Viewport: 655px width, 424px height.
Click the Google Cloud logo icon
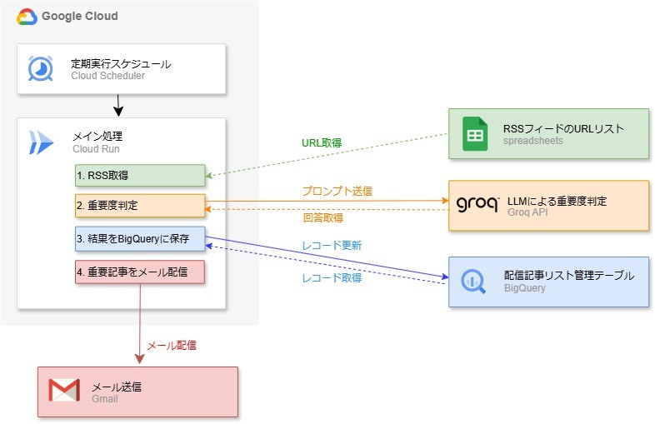click(27, 17)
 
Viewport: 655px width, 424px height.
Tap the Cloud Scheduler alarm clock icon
click(41, 68)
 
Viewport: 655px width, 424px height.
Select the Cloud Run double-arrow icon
click(41, 142)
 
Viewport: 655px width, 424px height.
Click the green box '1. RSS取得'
click(140, 176)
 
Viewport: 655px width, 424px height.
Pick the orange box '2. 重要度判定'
click(140, 206)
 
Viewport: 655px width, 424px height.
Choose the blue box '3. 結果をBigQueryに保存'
click(140, 239)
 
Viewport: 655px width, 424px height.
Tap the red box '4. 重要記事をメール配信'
click(140, 272)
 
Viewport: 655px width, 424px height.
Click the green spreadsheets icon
click(475, 133)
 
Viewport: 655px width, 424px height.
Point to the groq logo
click(477, 204)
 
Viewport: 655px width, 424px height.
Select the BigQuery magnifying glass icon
click(473, 281)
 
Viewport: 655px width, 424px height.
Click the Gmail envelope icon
click(64, 390)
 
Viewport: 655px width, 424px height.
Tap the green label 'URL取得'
click(322, 143)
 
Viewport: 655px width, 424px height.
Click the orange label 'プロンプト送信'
click(337, 192)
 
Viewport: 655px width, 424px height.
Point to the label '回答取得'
click(322, 217)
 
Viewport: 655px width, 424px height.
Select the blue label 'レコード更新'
click(332, 245)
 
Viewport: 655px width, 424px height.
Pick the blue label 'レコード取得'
click(332, 277)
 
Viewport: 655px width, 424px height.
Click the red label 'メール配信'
click(172, 346)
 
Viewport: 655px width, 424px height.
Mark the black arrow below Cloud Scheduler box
click(118, 105)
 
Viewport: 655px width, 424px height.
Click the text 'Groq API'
click(527, 212)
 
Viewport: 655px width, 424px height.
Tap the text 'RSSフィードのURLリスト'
click(563, 128)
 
